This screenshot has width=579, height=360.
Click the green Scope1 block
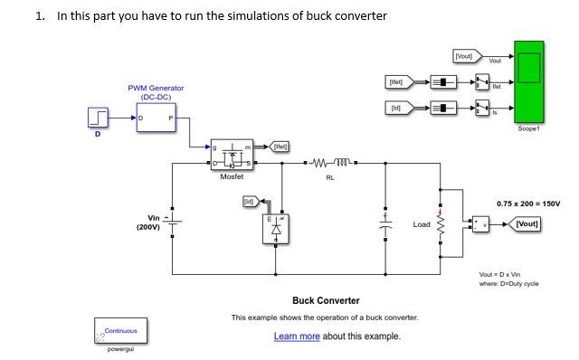528,81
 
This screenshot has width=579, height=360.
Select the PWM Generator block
156,118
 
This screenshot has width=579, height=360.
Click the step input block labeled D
99,118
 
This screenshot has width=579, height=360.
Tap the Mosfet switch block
232,156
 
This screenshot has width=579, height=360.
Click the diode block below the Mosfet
276,230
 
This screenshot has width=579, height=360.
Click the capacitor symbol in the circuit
386,223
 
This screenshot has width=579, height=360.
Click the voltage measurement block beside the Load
478,223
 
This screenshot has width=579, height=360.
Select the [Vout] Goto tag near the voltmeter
527,223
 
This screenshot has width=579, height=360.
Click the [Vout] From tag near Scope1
463,57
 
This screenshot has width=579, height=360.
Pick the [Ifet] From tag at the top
396,82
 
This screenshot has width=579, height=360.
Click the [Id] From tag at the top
396,108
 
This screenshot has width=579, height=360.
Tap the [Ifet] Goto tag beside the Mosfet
280,146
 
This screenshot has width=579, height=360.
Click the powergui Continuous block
120,330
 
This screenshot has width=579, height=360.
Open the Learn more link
297,336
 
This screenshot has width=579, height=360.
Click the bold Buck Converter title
326,300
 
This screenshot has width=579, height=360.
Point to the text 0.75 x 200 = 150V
528,204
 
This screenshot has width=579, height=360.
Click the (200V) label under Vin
148,228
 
